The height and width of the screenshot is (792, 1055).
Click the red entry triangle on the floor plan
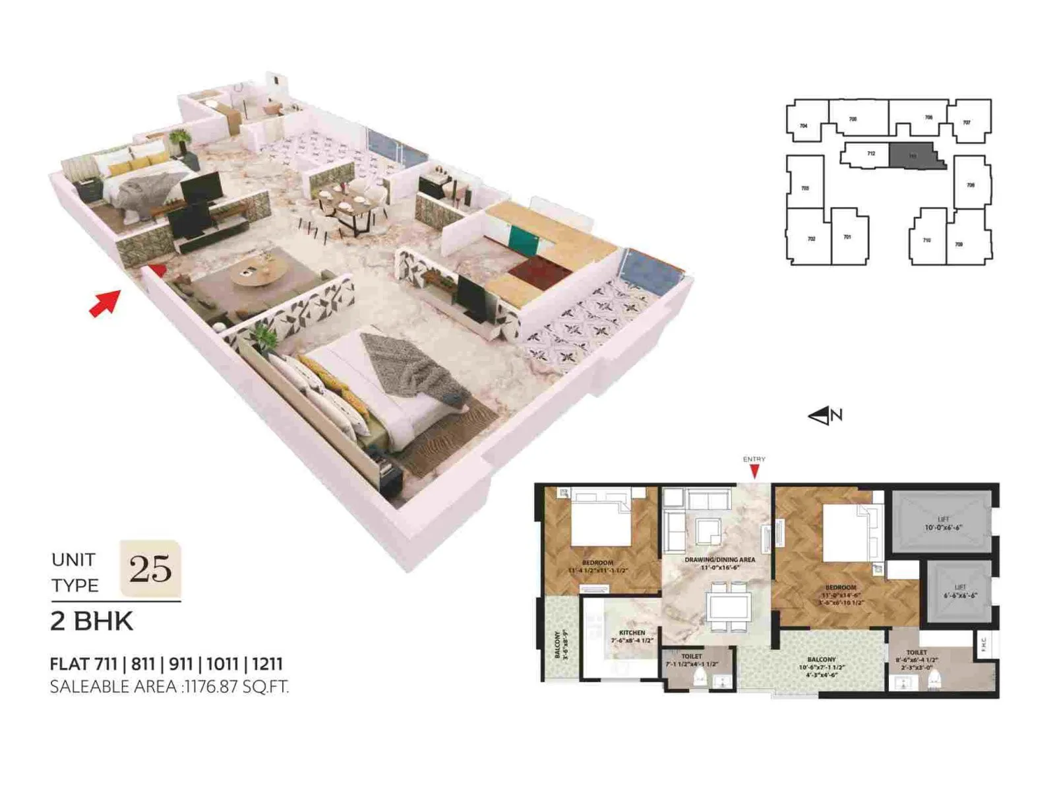tap(754, 471)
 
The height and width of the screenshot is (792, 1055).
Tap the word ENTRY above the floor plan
tap(754, 459)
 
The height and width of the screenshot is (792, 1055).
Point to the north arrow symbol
tap(825, 416)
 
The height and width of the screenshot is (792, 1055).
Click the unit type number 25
tap(150, 568)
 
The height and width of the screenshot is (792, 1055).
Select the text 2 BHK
tap(92, 621)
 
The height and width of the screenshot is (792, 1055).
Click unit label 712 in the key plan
tap(871, 154)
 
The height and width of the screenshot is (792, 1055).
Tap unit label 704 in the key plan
tap(803, 125)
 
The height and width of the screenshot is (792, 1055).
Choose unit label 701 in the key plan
tap(847, 236)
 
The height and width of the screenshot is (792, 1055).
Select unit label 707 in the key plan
tap(967, 123)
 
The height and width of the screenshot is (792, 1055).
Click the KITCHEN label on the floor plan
tap(632, 632)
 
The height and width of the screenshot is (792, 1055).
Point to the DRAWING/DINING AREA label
tap(720, 560)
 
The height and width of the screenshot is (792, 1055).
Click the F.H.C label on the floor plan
tap(984, 643)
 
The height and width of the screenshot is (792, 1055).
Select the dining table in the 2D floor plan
tap(728, 605)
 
